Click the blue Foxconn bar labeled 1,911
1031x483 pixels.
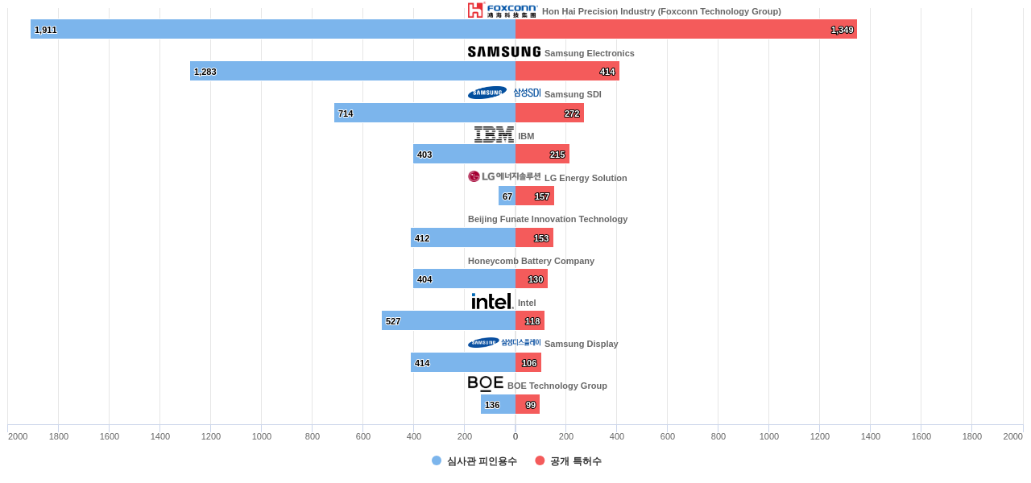click(x=273, y=29)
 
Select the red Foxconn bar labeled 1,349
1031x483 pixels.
click(x=685, y=29)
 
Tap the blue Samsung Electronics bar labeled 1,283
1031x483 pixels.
click(x=353, y=71)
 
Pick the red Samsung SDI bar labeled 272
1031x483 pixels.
click(x=549, y=113)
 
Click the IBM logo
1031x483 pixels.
click(x=494, y=134)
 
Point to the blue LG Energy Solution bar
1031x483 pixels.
click(x=507, y=196)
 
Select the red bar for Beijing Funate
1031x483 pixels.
click(x=534, y=237)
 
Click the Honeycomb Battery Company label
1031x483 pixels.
click(x=531, y=261)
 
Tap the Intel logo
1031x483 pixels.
click(x=492, y=301)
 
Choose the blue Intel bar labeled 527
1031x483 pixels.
click(x=449, y=320)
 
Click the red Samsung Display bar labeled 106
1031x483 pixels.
click(x=528, y=362)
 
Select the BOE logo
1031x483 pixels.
click(x=486, y=384)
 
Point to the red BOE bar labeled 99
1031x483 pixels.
click(x=528, y=404)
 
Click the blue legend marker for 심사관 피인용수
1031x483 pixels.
click(x=437, y=460)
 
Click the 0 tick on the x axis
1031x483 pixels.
click(x=515, y=436)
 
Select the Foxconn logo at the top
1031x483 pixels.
click(x=502, y=10)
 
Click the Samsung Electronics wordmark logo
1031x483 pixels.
click(x=504, y=52)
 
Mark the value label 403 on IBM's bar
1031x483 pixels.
click(x=424, y=155)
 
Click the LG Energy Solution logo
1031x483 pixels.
click(x=504, y=176)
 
